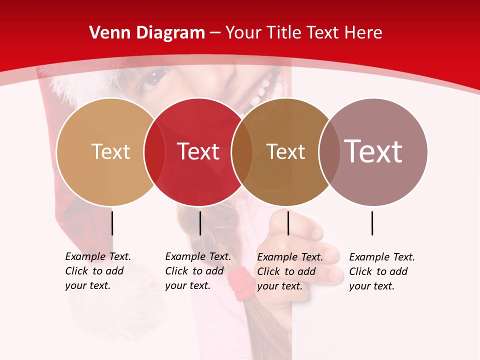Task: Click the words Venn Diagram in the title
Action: [147, 33]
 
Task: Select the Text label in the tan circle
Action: [110, 151]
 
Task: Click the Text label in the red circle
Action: [198, 151]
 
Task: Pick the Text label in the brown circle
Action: [285, 151]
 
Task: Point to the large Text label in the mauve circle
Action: [373, 151]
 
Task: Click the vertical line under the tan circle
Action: [112, 223]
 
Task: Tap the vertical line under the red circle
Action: [200, 223]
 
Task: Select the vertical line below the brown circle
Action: [288, 223]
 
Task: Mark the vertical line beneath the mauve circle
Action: [372, 223]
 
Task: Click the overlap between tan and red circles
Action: [154, 151]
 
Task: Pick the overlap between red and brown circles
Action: [242, 151]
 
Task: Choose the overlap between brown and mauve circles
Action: [329, 151]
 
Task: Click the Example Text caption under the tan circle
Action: [98, 271]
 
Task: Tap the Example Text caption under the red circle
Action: [198, 271]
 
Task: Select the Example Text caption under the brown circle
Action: [290, 271]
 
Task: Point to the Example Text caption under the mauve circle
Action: [382, 271]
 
